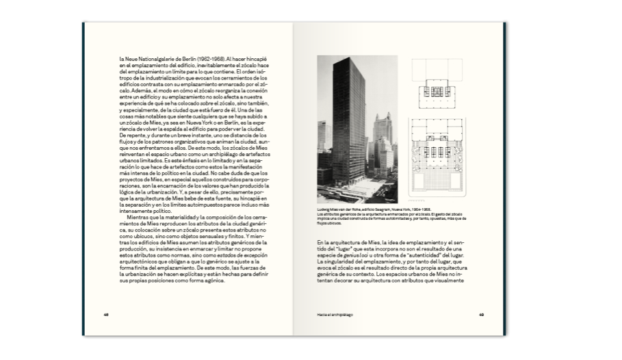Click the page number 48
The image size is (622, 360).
pyautogui.click(x=106, y=316)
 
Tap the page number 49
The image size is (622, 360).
pyautogui.click(x=481, y=316)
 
